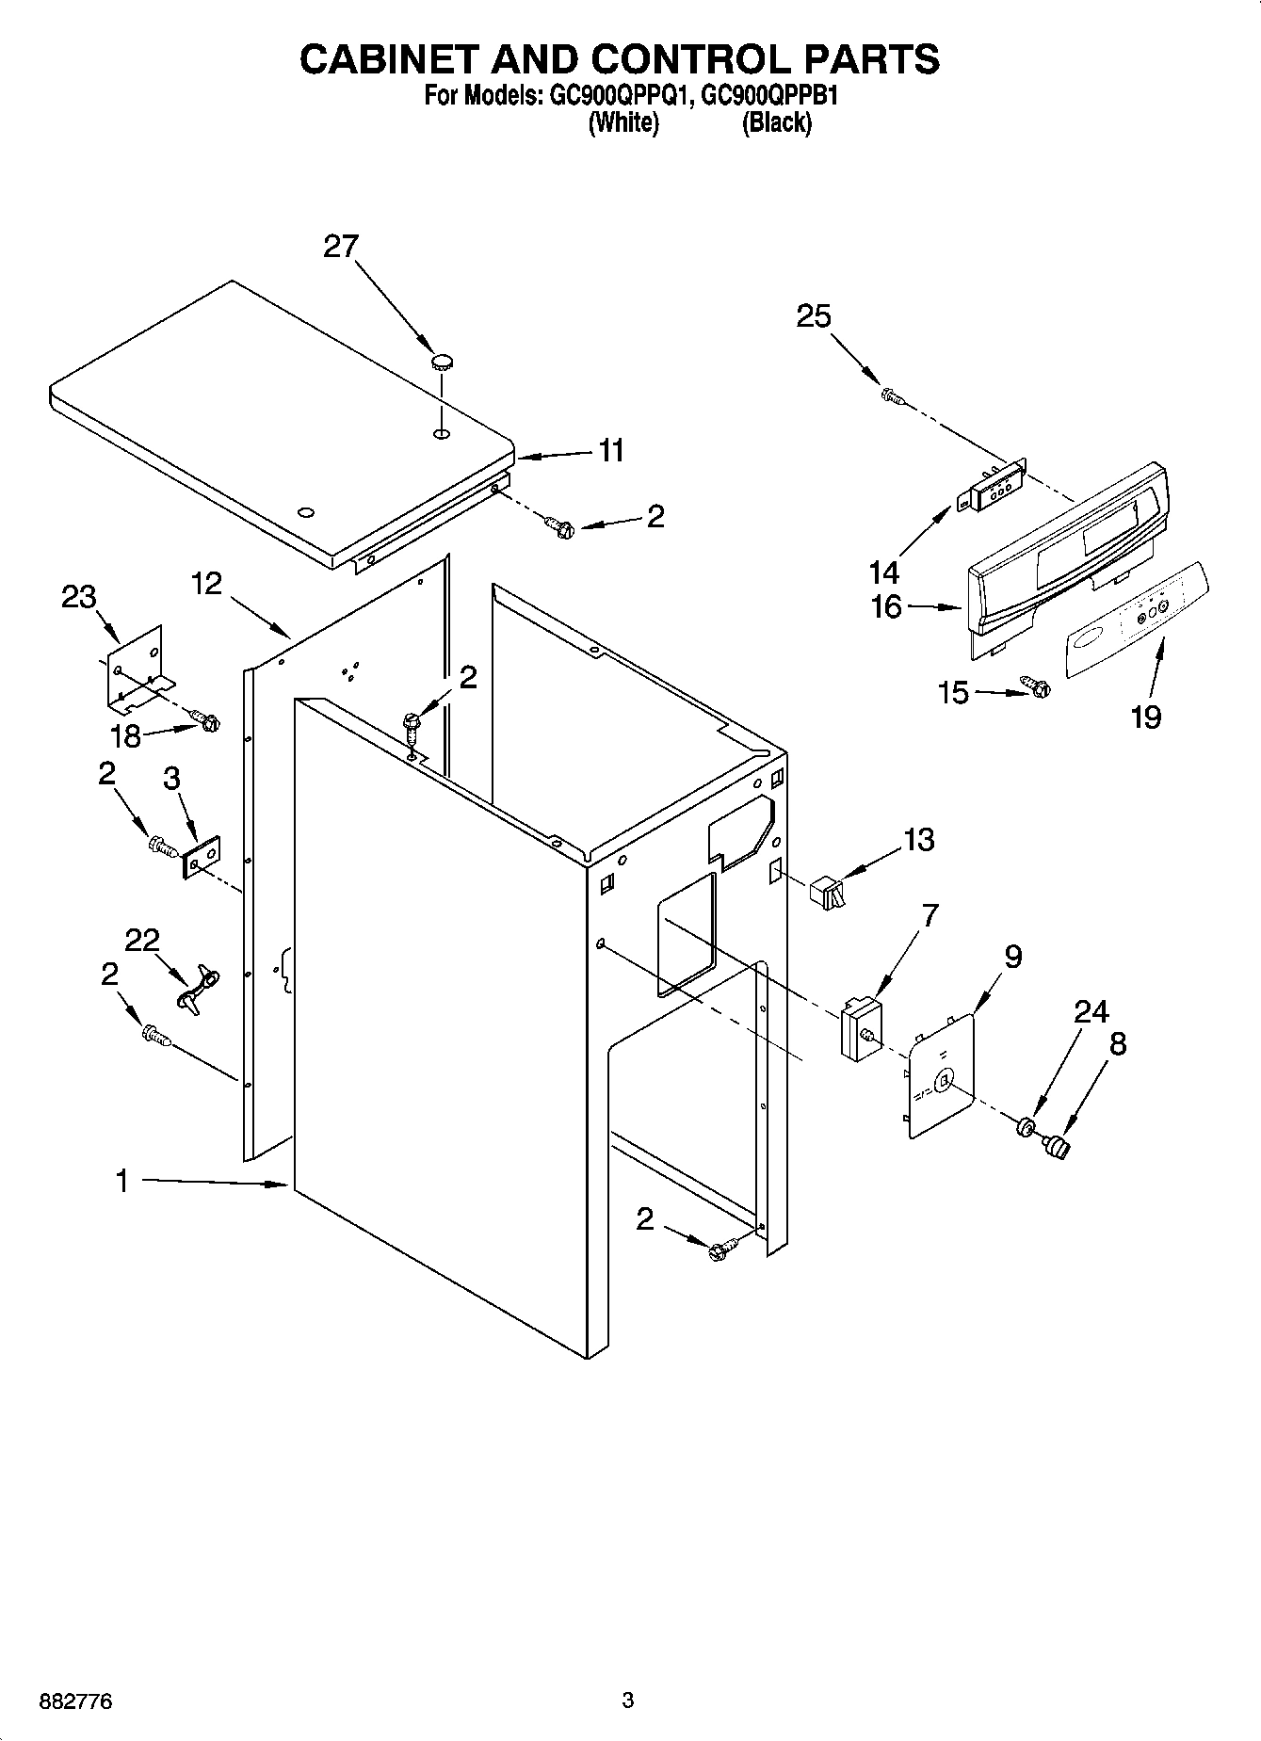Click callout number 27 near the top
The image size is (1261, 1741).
[341, 247]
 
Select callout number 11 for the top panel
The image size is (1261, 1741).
[611, 451]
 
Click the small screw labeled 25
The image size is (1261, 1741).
[891, 397]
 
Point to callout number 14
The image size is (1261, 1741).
[884, 572]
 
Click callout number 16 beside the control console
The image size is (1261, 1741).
[886, 607]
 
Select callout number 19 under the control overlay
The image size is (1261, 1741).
[1146, 717]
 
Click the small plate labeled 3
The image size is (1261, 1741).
[201, 857]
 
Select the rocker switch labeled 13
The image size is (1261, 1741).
[828, 890]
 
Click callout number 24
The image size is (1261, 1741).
[1091, 1011]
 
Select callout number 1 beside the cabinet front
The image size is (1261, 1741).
[121, 1181]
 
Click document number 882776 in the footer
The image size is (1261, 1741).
[75, 1701]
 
